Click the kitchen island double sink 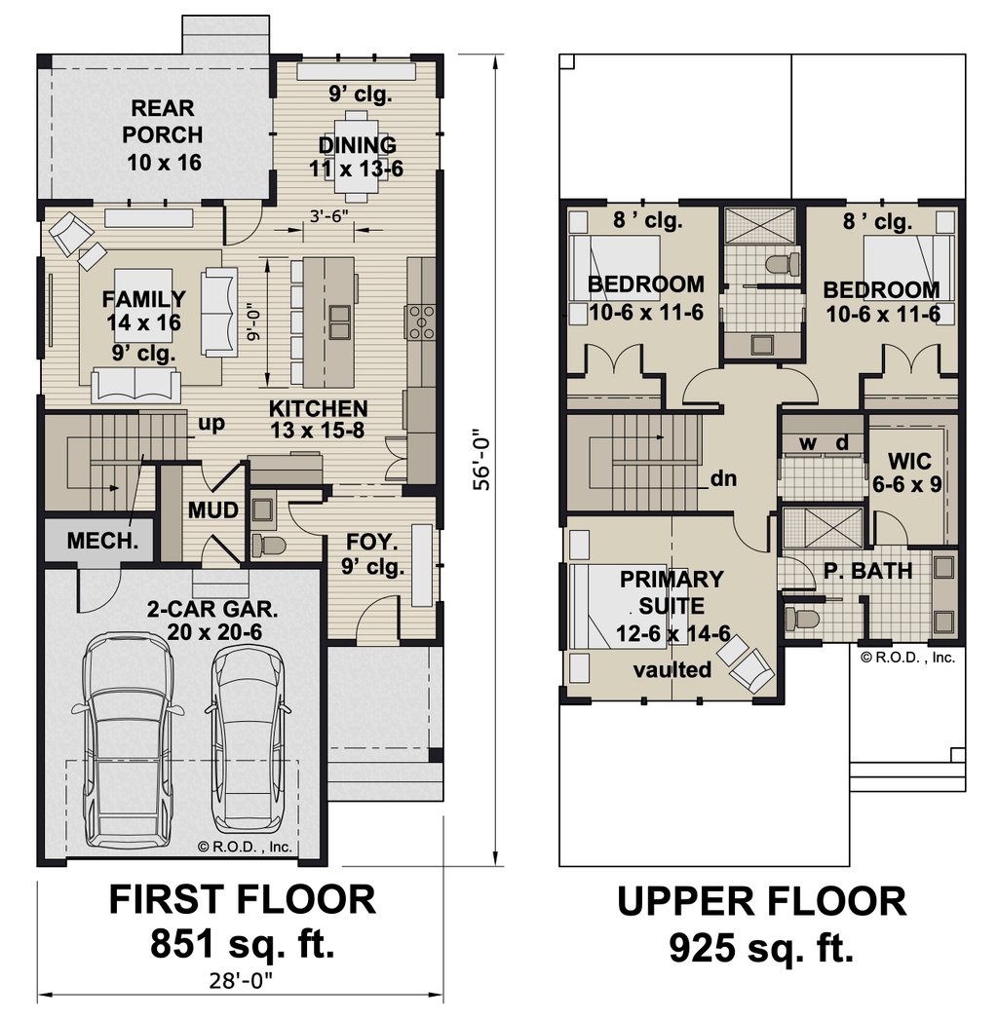pyautogui.click(x=340, y=322)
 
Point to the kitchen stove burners pyautogui.click(x=421, y=322)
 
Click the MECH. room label pyautogui.click(x=102, y=540)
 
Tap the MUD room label pyautogui.click(x=213, y=510)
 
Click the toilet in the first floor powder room pyautogui.click(x=267, y=545)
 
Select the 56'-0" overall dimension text pyautogui.click(x=481, y=459)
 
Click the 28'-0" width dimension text pyautogui.click(x=240, y=981)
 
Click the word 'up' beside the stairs pyautogui.click(x=211, y=424)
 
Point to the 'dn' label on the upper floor pyautogui.click(x=723, y=478)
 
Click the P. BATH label pyautogui.click(x=868, y=571)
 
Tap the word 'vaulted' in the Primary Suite pyautogui.click(x=672, y=668)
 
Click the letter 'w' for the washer pyautogui.click(x=808, y=444)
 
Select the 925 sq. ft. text pyautogui.click(x=761, y=949)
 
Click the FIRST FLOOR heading pyautogui.click(x=242, y=900)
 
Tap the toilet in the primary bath pyautogui.click(x=802, y=618)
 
